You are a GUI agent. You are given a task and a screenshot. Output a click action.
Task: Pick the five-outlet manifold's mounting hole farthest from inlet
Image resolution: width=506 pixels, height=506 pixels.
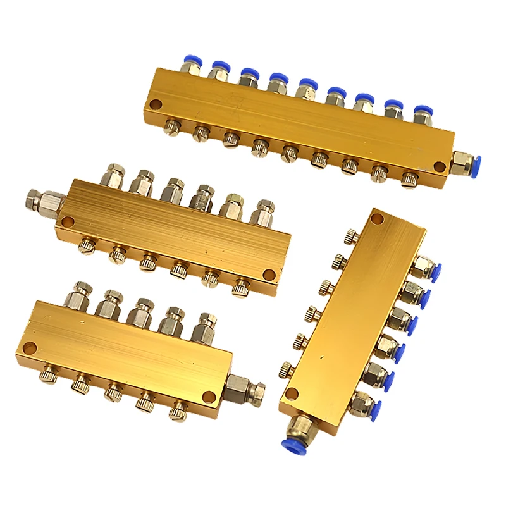point(28,347)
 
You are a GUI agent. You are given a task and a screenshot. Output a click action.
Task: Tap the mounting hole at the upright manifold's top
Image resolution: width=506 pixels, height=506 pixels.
point(377,220)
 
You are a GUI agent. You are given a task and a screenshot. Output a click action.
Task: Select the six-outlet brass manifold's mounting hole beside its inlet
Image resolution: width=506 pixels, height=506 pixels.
point(66,223)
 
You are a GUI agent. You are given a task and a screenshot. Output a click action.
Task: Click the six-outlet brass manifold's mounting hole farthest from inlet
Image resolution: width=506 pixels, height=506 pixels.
point(269,275)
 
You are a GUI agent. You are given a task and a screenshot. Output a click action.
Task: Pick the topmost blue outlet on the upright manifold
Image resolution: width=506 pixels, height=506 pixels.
point(432,270)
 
